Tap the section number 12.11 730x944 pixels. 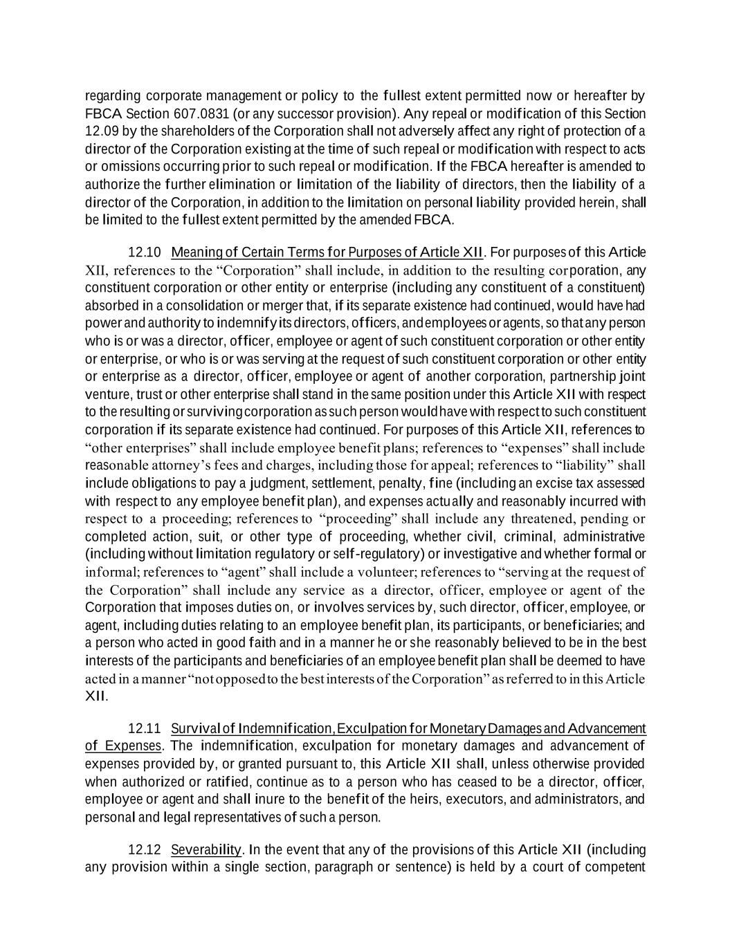click(144, 728)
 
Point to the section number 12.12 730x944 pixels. click(144, 850)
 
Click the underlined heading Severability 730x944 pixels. click(206, 850)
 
